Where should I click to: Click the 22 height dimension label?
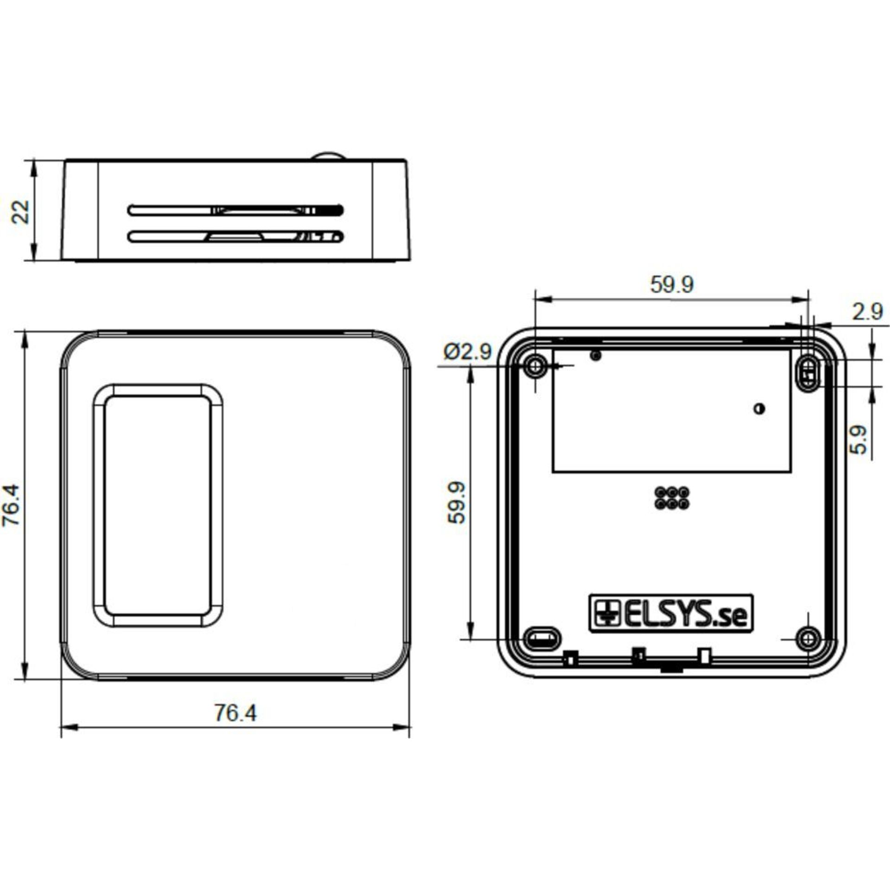(21, 212)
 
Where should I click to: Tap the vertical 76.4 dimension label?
(12, 505)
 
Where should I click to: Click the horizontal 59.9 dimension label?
(671, 285)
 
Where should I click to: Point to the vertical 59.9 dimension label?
(457, 503)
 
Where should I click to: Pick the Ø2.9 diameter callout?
(467, 352)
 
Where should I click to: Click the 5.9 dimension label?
(858, 440)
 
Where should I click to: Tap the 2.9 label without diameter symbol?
(867, 312)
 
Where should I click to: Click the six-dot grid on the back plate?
(672, 499)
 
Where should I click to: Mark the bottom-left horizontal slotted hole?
(542, 640)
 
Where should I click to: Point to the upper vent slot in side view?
(235, 210)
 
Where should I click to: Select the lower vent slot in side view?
(235, 237)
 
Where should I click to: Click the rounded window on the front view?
(158, 506)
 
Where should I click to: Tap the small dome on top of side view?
(328, 155)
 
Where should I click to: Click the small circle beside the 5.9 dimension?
(759, 409)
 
